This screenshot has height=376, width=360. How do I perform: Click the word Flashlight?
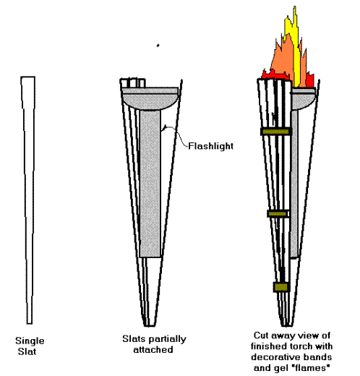(210, 146)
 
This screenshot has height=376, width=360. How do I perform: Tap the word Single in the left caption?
(30, 341)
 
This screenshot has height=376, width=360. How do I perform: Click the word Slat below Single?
(27, 351)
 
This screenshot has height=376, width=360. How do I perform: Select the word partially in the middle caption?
(167, 339)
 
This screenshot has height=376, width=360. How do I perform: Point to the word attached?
(153, 349)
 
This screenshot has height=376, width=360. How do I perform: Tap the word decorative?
(271, 357)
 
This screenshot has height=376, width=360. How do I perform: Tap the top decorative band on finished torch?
(275, 132)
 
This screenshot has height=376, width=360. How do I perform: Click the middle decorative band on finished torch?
(278, 213)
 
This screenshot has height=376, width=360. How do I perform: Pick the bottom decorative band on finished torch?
(281, 287)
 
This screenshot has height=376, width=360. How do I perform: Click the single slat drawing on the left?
(29, 200)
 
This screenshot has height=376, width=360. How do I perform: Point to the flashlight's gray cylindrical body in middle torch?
(150, 183)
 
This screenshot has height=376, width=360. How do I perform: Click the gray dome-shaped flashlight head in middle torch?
(150, 99)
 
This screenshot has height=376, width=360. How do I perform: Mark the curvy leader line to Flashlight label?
(176, 135)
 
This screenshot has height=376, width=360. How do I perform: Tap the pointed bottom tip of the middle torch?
(150, 326)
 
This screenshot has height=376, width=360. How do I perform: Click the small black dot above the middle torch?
(158, 45)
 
